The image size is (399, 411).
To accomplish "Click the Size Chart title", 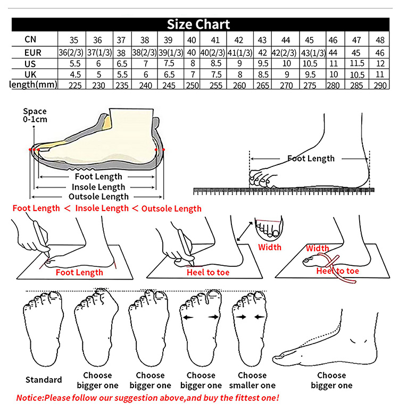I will [198, 24].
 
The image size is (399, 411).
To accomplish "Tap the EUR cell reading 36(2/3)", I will [70, 53].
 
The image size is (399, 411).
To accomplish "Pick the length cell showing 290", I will [380, 85].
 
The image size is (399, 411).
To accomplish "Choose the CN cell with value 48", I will [380, 40].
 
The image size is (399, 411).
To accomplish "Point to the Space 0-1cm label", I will [35, 115].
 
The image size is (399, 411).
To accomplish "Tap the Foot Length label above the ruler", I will [311, 158].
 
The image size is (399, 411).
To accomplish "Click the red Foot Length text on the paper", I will [79, 272].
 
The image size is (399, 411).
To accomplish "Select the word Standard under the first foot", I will [44, 380].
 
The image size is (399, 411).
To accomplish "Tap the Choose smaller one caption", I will [252, 380].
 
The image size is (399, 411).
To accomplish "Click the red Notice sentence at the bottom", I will [147, 398].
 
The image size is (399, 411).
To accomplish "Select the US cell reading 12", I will [380, 63].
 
